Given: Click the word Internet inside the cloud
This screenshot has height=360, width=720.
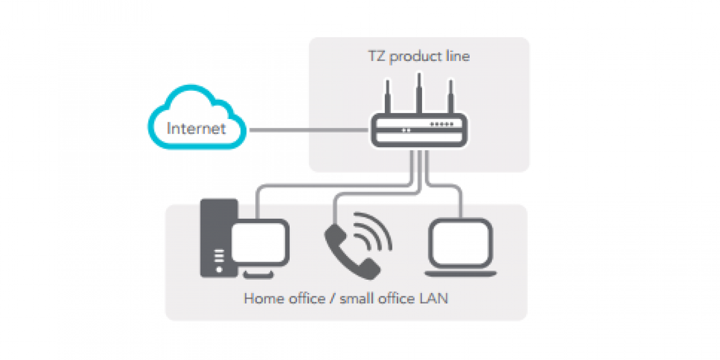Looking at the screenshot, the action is tap(196, 128).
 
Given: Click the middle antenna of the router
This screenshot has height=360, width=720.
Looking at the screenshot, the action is tap(419, 93).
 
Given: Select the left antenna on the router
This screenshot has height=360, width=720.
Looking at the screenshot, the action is tap(388, 96).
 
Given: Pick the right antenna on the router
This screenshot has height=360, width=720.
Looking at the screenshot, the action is tap(451, 96).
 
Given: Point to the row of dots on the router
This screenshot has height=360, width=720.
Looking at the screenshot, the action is tap(441, 124).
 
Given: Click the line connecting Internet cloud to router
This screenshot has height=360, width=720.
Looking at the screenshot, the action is tap(309, 130).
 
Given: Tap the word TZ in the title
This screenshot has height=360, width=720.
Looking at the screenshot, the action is tap(377, 56).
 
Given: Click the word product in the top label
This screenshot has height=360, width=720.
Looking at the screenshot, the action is tap(415, 57).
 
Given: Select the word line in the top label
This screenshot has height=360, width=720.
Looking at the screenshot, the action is tap(457, 56).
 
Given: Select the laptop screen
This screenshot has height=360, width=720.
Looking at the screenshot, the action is tap(461, 243).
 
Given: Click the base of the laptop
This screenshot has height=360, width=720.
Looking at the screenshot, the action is tap(461, 274).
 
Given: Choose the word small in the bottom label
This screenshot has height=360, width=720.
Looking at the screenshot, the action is tap(357, 299).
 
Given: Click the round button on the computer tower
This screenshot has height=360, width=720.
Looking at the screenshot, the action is tap(219, 270).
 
